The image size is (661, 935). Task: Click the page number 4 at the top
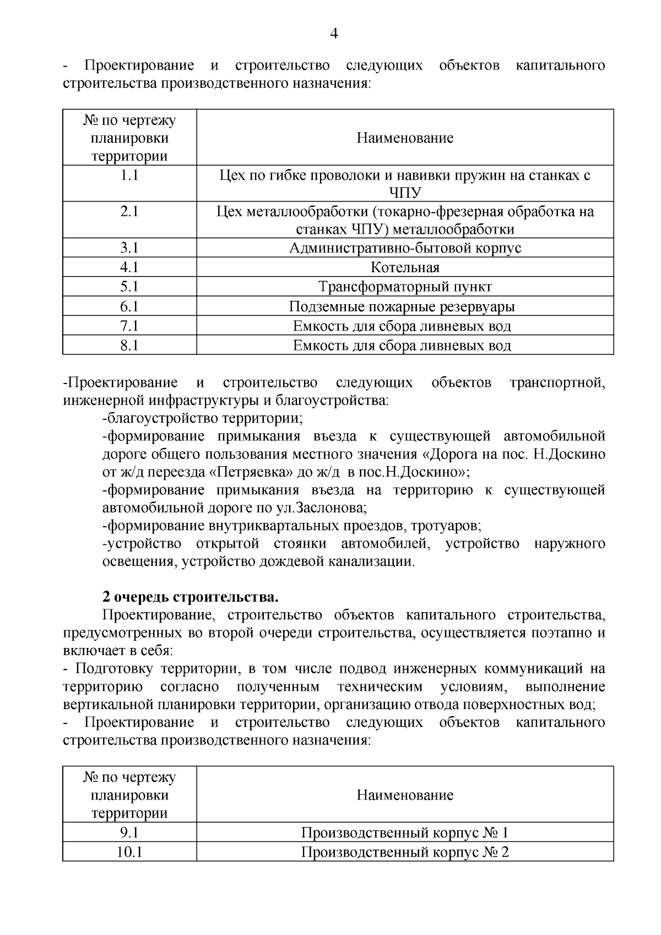coord(333,34)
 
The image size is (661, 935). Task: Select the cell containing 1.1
coord(129,176)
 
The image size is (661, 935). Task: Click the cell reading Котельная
coord(405,268)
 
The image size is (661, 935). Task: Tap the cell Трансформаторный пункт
coord(405,287)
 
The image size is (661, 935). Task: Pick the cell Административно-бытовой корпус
coord(405,248)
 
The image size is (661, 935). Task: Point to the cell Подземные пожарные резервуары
coord(405,307)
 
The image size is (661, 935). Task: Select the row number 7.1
coord(129,326)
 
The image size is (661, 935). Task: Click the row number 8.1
coord(129,345)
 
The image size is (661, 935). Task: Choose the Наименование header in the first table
coord(405,138)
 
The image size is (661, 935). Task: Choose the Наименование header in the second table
coord(405,795)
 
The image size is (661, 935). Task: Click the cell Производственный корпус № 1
coord(405,833)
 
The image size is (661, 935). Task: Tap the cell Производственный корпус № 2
coord(405,852)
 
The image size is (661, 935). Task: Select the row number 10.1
coord(129,852)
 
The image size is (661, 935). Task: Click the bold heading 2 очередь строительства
coord(190,597)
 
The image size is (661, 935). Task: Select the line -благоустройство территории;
coord(203,418)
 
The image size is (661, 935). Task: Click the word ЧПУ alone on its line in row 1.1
coord(405,193)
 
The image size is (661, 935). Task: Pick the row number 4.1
coord(129,268)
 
